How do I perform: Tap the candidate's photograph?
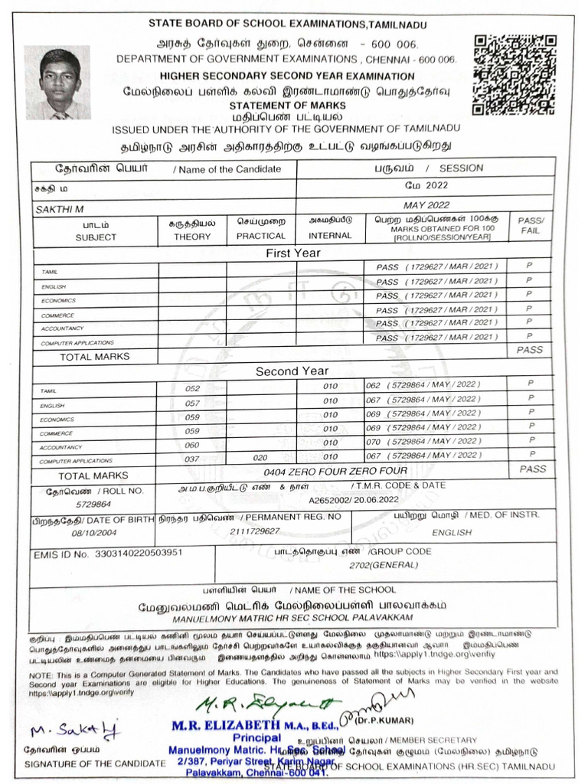point(57,83)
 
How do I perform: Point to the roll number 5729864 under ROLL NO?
point(93,505)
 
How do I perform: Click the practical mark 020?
point(260,457)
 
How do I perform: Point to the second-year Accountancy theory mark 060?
point(191,444)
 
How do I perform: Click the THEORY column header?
point(191,237)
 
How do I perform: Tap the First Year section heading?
point(292,253)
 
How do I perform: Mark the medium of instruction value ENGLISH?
point(452,532)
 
